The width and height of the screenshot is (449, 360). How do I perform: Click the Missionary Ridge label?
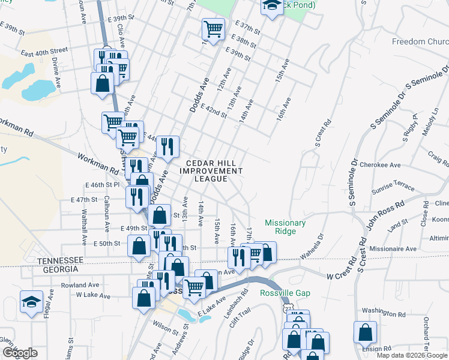286,227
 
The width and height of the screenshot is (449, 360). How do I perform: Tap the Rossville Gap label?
283,293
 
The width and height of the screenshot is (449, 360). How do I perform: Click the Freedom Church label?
420,41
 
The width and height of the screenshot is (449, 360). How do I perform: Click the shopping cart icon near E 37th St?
214,28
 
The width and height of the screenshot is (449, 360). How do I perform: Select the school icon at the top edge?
272,6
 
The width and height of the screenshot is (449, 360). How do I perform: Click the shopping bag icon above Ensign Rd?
365,332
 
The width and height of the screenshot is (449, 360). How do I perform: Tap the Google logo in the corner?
20,353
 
